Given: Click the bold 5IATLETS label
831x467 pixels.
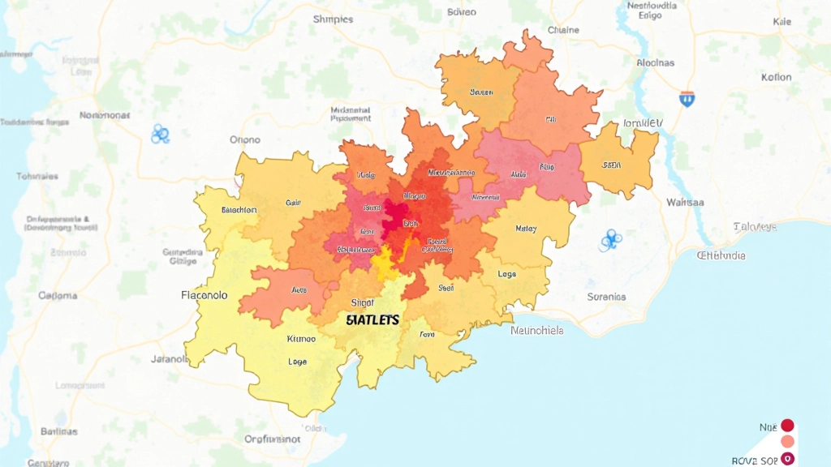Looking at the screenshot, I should [372, 320].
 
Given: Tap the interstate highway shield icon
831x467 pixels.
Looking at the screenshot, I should [687, 99].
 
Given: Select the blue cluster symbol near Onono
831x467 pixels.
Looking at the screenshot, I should [160, 135].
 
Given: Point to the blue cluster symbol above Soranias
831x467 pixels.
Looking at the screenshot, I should [610, 239].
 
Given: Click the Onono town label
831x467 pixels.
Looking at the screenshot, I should [245, 139].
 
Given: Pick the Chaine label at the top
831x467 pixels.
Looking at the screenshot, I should [563, 30].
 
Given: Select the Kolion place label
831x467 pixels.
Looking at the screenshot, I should [776, 78].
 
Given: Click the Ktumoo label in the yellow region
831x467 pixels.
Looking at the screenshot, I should [301, 339].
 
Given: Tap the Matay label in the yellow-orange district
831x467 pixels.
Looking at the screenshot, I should [526, 229].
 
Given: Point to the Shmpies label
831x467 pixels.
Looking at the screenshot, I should [333, 19].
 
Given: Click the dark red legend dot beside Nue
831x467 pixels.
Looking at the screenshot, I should [786, 426].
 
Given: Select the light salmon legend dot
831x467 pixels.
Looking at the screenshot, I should [786, 442].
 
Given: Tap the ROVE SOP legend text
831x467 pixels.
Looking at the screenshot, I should [756, 460].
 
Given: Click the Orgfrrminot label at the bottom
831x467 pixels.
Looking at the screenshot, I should [278, 439].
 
